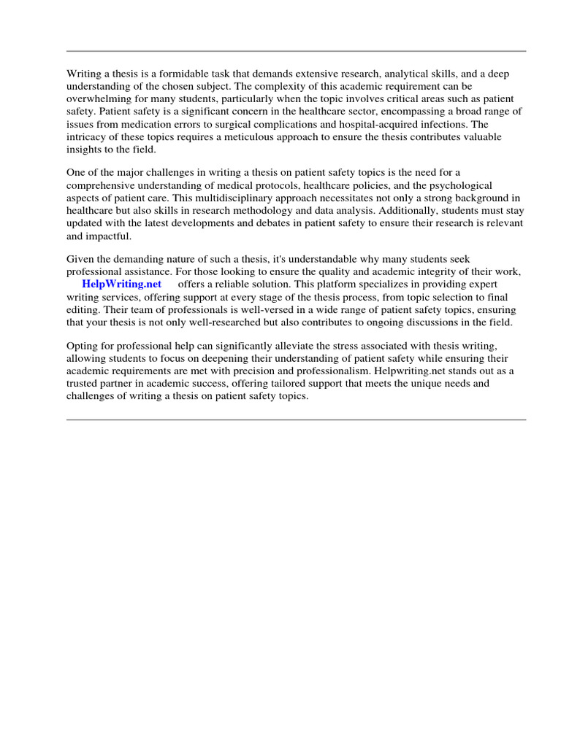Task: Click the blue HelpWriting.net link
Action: click(x=121, y=284)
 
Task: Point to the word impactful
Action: click(x=110, y=235)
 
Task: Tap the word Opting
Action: click(x=82, y=346)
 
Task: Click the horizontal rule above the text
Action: click(x=296, y=51)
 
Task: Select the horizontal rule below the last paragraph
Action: click(x=296, y=419)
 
